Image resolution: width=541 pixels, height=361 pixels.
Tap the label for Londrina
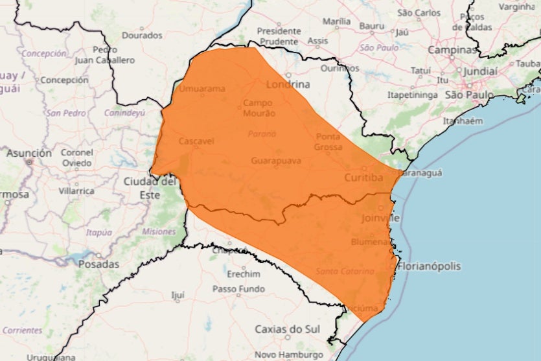[288, 84]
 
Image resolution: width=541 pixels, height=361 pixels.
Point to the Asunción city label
[29, 154]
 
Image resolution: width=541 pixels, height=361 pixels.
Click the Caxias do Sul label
[287, 329]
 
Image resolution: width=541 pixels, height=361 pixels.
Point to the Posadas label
[98, 264]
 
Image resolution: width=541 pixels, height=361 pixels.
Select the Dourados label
[142, 35]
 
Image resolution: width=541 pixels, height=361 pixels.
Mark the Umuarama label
[201, 89]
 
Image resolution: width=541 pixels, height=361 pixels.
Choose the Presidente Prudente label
[279, 36]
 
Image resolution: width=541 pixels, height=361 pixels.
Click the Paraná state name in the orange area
[262, 134]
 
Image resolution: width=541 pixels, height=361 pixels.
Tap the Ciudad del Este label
[150, 188]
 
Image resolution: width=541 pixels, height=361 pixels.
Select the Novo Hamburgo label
[288, 355]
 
